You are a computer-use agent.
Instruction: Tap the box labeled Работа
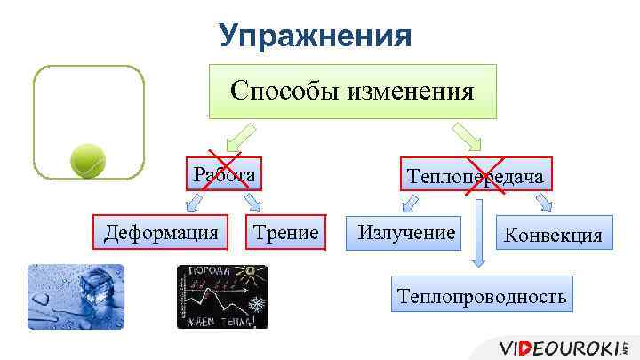click(226, 174)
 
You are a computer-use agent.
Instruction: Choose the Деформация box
click(162, 233)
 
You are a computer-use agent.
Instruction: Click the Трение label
click(285, 233)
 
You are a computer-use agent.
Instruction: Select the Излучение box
click(405, 233)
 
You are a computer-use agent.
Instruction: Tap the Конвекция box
click(552, 236)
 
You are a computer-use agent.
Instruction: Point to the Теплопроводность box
click(482, 295)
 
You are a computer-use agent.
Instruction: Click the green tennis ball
click(88, 160)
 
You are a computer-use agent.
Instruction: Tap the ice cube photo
click(76, 297)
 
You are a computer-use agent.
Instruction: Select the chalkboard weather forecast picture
click(222, 297)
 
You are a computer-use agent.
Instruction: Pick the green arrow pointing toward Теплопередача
click(466, 137)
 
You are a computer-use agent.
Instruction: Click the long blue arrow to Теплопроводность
click(479, 233)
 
